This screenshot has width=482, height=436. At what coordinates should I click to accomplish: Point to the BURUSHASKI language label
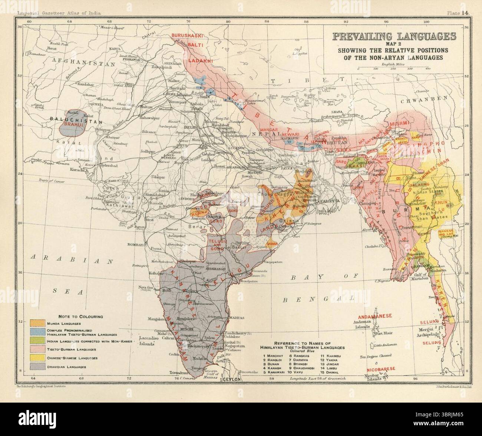click(186, 36)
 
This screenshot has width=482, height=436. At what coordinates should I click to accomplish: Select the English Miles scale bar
click(393, 69)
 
